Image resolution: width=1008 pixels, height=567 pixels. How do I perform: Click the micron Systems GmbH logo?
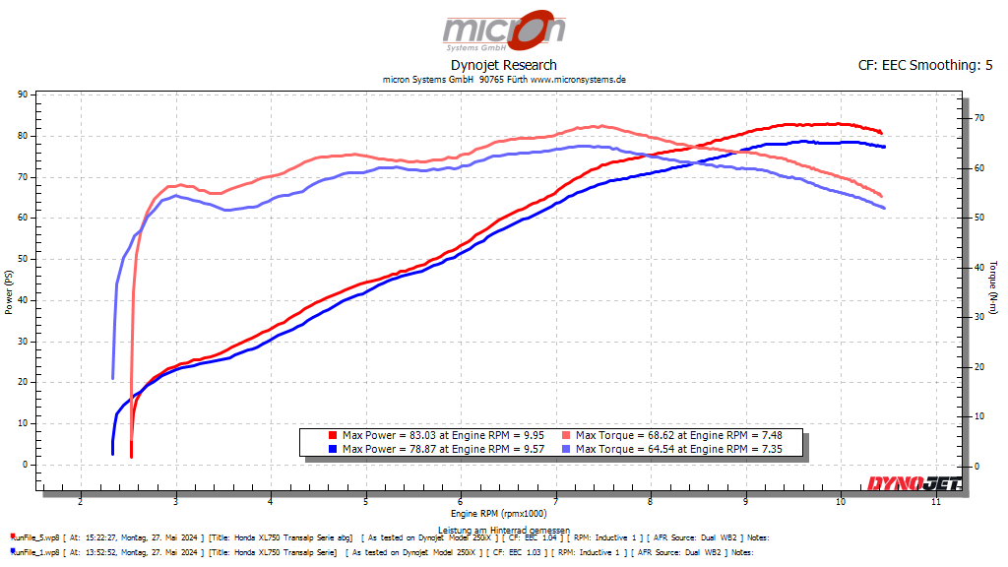[x=503, y=31]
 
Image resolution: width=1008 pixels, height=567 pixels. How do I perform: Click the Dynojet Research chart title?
[x=503, y=65]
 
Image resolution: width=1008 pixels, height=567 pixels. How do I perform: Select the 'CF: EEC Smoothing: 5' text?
[x=925, y=65]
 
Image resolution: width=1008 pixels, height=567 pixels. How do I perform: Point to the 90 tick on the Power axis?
[x=22, y=94]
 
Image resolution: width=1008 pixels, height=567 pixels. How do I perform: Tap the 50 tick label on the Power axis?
[x=22, y=259]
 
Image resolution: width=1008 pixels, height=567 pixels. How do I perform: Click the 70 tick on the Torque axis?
[x=977, y=118]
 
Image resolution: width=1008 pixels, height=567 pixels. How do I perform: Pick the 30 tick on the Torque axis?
[x=977, y=317]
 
